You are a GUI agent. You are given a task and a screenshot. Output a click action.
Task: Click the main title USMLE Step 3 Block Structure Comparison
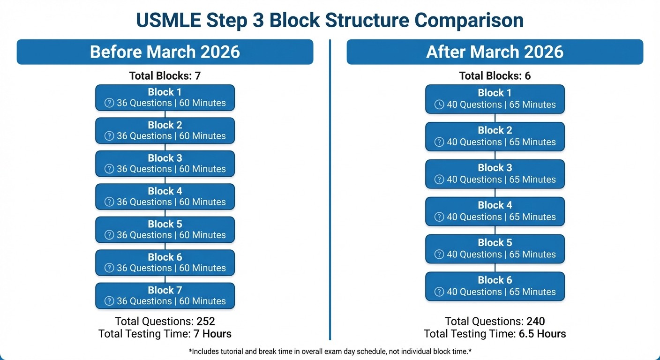330,20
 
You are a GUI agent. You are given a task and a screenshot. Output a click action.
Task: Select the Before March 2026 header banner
165,52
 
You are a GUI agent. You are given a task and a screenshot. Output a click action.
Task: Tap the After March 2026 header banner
495,52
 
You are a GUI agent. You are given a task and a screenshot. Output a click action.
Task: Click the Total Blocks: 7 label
165,76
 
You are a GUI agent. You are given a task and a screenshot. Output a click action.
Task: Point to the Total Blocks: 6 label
495,76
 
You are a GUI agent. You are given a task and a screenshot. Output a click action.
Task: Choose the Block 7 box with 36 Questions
165,296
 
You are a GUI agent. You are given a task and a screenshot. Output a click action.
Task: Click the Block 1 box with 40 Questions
495,99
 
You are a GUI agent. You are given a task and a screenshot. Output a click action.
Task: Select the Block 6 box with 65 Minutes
495,286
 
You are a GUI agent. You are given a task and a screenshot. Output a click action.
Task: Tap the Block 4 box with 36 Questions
165,197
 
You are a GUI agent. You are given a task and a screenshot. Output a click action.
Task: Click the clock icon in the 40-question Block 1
439,105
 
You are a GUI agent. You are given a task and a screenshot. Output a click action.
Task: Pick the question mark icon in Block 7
109,301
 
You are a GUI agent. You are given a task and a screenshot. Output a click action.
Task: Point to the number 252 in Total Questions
205,322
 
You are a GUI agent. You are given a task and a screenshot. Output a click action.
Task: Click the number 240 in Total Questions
535,322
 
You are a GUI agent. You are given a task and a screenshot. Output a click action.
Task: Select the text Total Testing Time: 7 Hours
165,334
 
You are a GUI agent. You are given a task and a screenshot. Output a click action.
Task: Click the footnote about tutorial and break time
330,351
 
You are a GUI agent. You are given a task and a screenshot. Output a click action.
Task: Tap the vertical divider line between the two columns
330,187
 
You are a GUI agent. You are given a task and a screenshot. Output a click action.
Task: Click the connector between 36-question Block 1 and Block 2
165,114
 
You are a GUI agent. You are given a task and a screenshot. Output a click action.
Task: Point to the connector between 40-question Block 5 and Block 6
495,268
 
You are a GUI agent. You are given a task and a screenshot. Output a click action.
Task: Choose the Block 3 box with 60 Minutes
165,164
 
